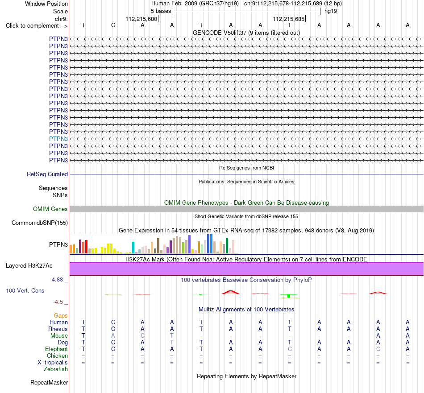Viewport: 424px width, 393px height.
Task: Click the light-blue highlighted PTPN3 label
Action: coord(58,139)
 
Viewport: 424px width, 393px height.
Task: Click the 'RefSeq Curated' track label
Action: coord(47,174)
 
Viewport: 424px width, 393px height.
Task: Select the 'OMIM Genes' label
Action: coord(50,209)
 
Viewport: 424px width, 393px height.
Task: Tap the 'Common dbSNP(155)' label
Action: coord(40,223)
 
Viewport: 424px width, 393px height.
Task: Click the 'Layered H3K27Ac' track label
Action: coord(29,266)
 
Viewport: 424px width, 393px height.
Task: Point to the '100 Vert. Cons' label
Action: coord(25,290)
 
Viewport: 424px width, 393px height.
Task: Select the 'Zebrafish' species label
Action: coord(56,369)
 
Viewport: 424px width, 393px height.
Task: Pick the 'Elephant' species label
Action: coord(57,349)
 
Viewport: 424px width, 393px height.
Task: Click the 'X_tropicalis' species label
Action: coord(53,363)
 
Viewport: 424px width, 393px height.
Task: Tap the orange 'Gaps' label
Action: coord(61,315)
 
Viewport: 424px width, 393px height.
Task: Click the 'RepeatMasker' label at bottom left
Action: coord(49,382)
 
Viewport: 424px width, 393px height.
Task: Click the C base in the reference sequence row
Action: coord(113,25)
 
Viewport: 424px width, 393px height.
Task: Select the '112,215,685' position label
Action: coord(289,19)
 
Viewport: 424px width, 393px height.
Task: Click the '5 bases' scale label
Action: coord(161,11)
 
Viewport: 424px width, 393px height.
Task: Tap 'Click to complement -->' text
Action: coord(37,26)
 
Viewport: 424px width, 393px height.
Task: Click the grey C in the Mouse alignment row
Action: coord(142,336)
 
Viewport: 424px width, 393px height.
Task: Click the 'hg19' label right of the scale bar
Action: coord(331,11)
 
